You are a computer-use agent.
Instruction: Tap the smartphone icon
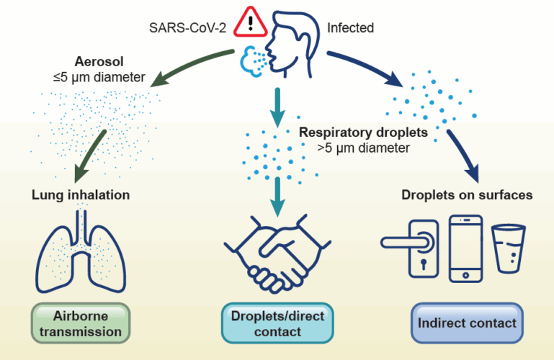[465, 248]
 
